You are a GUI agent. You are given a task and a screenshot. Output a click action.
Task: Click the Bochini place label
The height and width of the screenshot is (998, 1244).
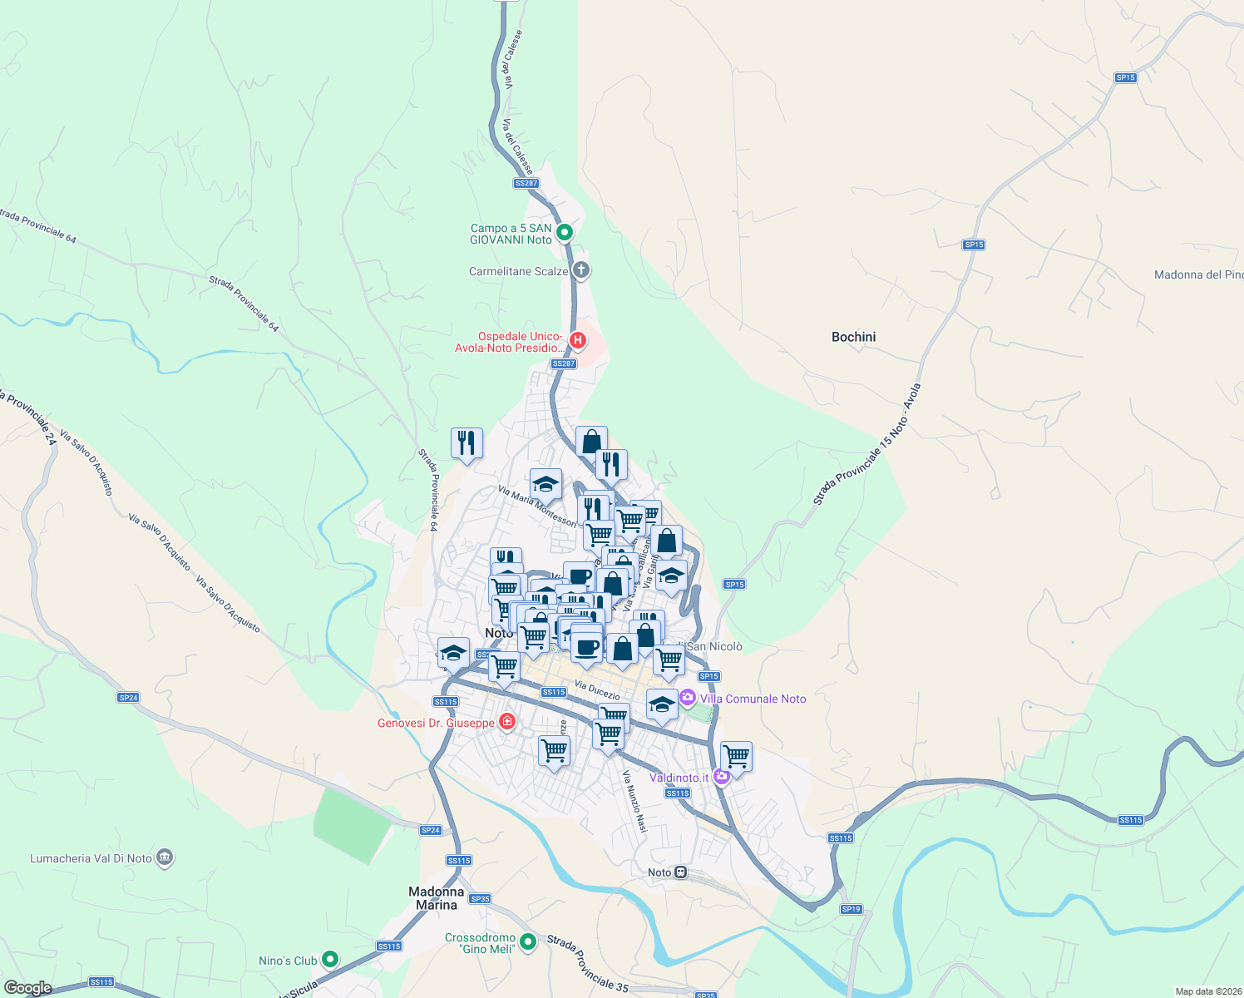tap(853, 337)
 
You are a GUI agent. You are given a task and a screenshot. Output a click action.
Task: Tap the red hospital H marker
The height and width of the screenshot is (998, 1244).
tap(577, 340)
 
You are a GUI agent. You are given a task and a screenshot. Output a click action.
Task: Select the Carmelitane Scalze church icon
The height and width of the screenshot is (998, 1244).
tap(581, 269)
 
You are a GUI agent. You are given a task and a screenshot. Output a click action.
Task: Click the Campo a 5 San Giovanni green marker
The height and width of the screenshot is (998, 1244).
tap(565, 232)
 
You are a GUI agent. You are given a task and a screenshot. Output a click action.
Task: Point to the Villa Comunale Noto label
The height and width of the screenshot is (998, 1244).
tap(753, 699)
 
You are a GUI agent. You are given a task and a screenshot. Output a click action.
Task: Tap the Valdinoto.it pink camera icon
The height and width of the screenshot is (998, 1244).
tap(721, 777)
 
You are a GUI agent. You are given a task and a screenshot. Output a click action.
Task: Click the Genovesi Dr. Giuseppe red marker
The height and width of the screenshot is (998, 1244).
tap(506, 721)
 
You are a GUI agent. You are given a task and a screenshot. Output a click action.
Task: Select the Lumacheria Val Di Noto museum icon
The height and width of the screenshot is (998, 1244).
tap(165, 857)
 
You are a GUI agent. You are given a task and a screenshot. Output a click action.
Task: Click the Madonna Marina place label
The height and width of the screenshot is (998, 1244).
tap(436, 898)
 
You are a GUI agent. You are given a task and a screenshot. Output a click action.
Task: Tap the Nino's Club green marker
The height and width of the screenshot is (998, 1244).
tap(330, 960)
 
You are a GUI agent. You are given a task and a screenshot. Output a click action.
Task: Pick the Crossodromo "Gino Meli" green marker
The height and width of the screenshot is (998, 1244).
tap(527, 942)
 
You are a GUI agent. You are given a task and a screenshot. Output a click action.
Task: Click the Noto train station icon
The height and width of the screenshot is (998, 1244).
tap(681, 872)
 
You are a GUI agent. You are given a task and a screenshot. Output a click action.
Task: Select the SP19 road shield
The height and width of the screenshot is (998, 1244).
tap(851, 909)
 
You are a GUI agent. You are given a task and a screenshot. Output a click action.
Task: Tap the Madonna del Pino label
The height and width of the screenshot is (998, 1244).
tap(1198, 274)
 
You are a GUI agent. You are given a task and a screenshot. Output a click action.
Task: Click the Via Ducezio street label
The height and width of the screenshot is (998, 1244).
tap(597, 690)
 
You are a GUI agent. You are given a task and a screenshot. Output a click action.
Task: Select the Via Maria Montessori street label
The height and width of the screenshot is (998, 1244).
tap(536, 506)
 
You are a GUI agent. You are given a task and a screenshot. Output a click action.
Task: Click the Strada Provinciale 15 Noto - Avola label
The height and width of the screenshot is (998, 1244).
tap(867, 445)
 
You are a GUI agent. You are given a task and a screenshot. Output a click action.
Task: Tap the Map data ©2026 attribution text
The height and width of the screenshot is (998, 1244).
tap(1208, 991)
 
